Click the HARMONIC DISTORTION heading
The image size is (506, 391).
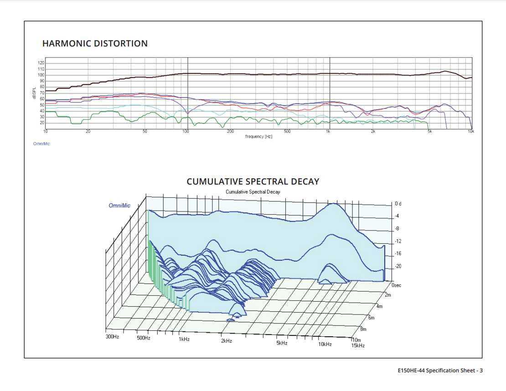point(95,44)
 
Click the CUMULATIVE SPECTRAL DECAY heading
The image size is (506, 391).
point(253,181)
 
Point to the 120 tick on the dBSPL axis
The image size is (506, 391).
point(41,63)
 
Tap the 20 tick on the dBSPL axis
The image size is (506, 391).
point(42,123)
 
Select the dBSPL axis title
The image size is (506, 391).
point(34,94)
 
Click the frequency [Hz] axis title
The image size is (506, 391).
point(258,137)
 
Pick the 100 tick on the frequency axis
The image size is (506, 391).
point(186,132)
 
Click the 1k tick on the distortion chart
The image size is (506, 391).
point(328,132)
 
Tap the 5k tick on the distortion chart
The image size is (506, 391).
point(429,132)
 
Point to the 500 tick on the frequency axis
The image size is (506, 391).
point(287,132)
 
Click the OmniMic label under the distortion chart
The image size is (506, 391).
point(41,144)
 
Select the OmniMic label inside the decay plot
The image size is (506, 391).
point(119,206)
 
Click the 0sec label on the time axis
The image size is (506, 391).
point(396,285)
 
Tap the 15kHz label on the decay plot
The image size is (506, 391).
point(358,345)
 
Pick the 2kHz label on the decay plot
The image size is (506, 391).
point(227,341)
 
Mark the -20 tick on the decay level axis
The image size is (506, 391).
point(398,266)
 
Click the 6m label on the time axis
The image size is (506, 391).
point(372,318)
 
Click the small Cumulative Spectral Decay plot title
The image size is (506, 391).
point(253,192)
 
